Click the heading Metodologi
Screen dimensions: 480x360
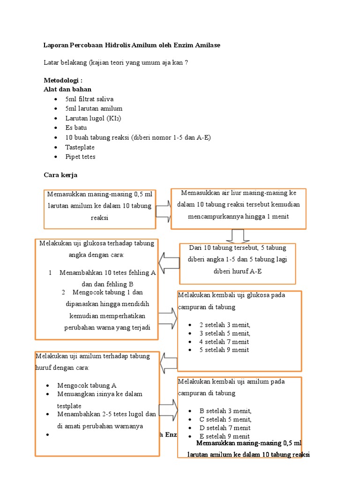63,81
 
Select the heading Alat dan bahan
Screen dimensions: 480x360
67,89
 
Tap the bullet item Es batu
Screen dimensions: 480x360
76,127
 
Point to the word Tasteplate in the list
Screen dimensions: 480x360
80,147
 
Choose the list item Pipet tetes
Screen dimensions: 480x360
80,157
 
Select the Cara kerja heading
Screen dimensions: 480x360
60,175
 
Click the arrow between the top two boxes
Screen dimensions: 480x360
163,210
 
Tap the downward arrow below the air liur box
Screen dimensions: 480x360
238,236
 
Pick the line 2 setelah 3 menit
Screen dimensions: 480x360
225,325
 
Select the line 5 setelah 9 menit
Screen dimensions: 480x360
224,350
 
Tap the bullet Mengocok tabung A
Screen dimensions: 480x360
87,385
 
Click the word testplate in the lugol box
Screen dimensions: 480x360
69,405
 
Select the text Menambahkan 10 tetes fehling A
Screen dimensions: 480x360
107,273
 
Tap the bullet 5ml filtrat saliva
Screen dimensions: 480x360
89,99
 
